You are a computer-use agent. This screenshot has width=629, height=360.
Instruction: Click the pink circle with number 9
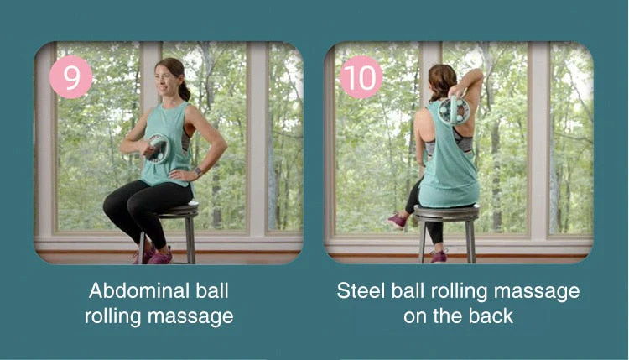(x=71, y=77)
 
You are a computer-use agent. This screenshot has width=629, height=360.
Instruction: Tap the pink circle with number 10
(x=361, y=77)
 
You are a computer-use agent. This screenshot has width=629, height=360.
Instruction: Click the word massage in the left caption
(x=194, y=317)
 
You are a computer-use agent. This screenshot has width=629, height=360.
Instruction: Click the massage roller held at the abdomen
(x=157, y=149)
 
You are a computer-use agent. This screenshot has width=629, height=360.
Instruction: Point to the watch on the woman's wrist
(x=198, y=172)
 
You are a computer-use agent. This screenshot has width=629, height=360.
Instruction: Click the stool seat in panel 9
(x=178, y=211)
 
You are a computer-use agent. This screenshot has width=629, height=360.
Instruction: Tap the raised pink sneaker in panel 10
(x=397, y=220)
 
